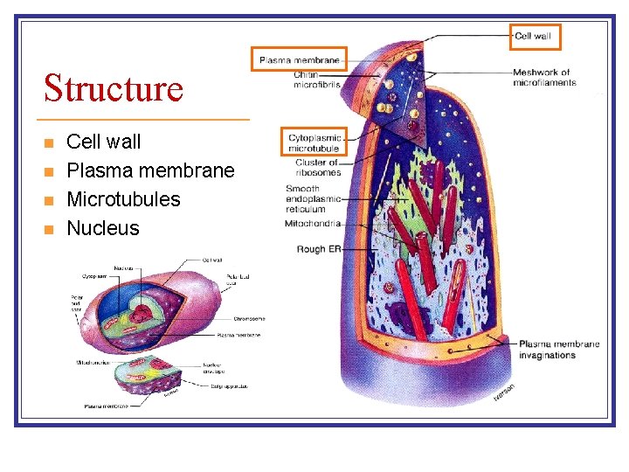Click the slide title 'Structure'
(x=114, y=88)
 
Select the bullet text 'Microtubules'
(x=123, y=199)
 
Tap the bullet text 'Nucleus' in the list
(x=103, y=228)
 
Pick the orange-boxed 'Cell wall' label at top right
(x=533, y=37)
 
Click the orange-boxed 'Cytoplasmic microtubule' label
(x=315, y=142)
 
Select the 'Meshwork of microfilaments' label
(x=544, y=78)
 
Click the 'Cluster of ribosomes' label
(x=316, y=167)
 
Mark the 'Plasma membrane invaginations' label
(x=559, y=349)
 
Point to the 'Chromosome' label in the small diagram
(x=249, y=318)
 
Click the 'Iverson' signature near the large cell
(x=504, y=393)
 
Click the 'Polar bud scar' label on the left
(x=77, y=305)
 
